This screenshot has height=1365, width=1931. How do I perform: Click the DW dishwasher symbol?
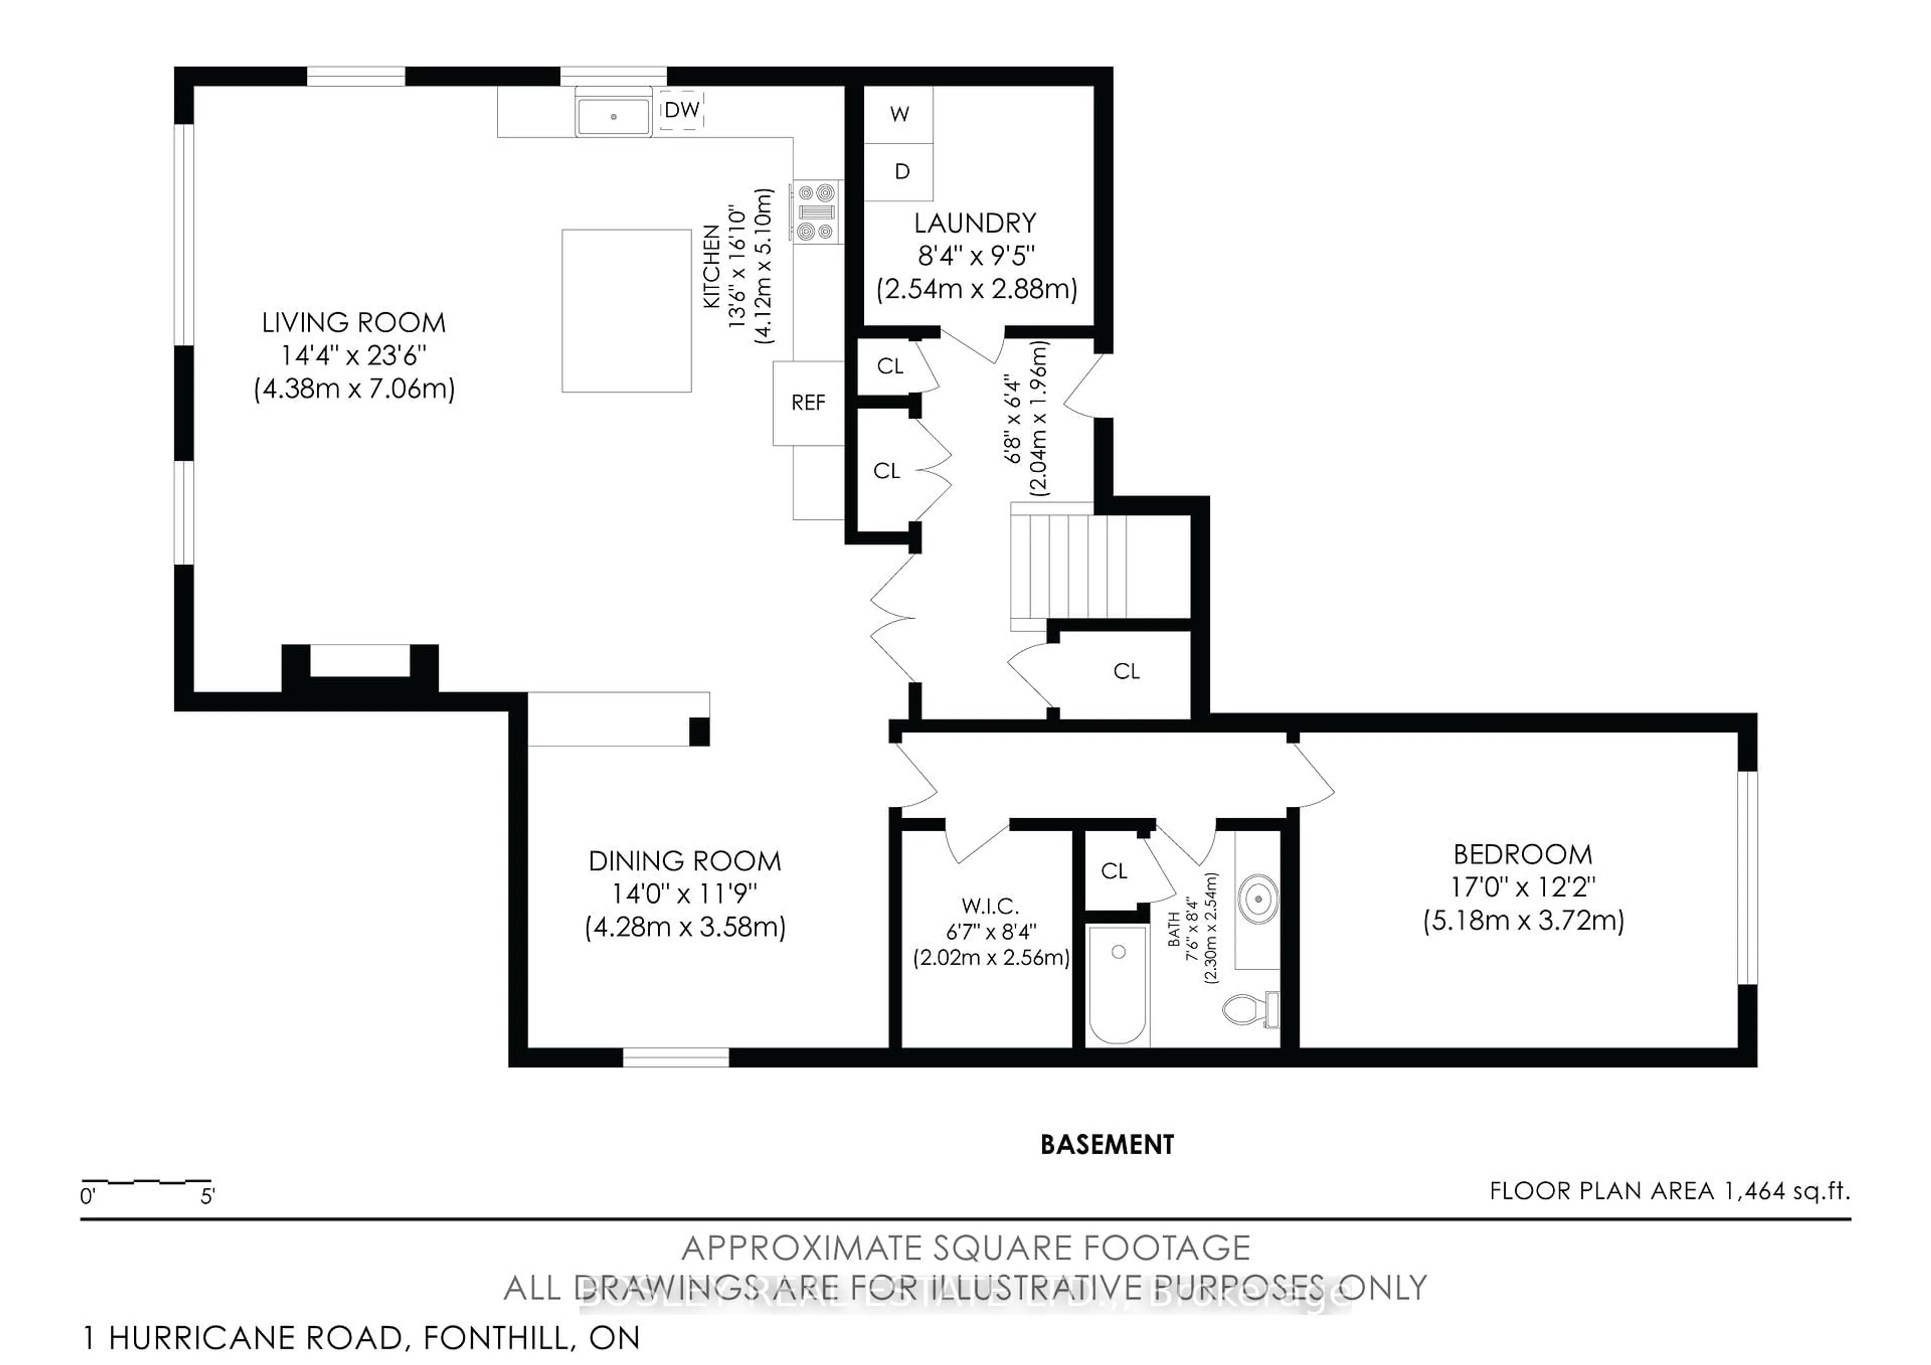(681, 110)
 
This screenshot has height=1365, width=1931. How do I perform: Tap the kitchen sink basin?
(613, 116)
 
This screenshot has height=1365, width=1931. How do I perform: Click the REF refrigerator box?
(808, 403)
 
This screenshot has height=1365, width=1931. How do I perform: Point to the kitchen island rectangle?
(627, 310)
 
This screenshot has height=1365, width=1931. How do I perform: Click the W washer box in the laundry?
(899, 114)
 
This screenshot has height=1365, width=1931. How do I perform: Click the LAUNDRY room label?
(975, 224)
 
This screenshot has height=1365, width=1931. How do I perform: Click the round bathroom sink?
(1258, 899)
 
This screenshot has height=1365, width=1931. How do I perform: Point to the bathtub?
(1118, 984)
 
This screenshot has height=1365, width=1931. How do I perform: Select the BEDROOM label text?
(1522, 855)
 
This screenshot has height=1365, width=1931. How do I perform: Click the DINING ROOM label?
(684, 861)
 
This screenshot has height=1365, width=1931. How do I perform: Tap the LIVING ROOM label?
(353, 323)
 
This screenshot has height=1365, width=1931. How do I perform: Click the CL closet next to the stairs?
(1126, 671)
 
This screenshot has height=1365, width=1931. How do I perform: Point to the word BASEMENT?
(1107, 1145)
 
